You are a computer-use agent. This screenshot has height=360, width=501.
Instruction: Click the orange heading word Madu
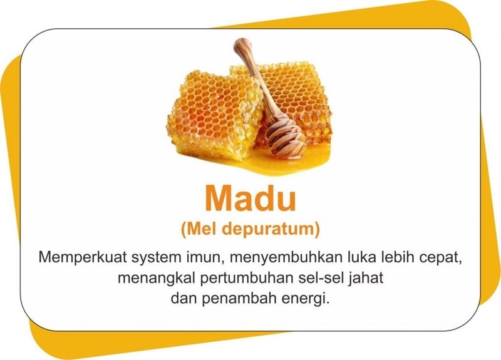(250, 198)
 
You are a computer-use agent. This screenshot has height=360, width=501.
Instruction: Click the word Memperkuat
(83, 257)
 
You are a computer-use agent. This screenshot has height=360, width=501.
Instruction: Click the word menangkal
(157, 278)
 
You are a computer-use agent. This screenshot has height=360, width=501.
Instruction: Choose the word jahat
(366, 278)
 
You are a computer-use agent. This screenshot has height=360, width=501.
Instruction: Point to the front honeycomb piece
(215, 115)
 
